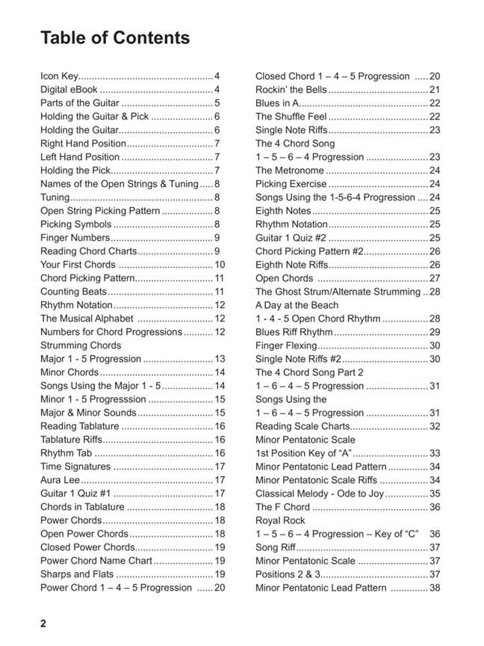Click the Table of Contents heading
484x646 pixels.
(x=115, y=38)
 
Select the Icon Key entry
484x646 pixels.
(x=59, y=76)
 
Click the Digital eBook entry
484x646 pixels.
(x=69, y=90)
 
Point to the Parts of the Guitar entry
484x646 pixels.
(x=80, y=103)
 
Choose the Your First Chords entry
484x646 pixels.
(x=78, y=265)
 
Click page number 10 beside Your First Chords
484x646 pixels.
(x=220, y=265)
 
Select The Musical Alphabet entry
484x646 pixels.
(x=87, y=319)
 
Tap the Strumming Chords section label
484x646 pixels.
(x=81, y=345)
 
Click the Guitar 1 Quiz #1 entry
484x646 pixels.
(x=75, y=493)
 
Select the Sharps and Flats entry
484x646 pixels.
(x=77, y=574)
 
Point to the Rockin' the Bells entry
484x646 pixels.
(x=291, y=90)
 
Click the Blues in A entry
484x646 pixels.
(x=277, y=103)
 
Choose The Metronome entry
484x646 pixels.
(x=290, y=170)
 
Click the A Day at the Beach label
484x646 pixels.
(x=297, y=305)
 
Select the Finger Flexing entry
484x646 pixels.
(x=286, y=345)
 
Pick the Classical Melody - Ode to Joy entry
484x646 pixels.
(x=320, y=493)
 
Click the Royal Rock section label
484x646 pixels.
(x=280, y=520)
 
